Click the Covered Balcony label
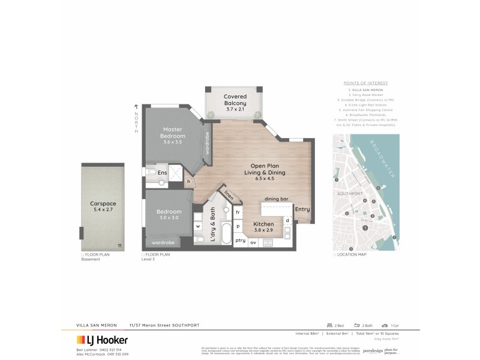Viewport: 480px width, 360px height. tap(235, 103)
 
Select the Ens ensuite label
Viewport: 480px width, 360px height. tap(162, 173)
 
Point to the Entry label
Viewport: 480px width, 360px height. tap(302, 209)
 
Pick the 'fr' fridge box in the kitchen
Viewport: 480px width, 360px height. tap(238, 212)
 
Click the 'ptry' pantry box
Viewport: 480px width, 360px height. tap(240, 241)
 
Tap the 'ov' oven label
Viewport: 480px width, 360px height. tap(253, 241)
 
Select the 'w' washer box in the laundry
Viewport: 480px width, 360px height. tap(197, 227)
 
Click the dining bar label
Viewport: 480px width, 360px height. tap(277, 199)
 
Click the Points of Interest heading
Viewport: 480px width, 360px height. tap(365, 83)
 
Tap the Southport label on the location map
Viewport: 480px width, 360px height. tap(349, 193)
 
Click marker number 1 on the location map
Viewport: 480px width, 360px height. tap(365, 227)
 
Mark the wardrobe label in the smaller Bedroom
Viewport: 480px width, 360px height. tap(163, 243)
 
